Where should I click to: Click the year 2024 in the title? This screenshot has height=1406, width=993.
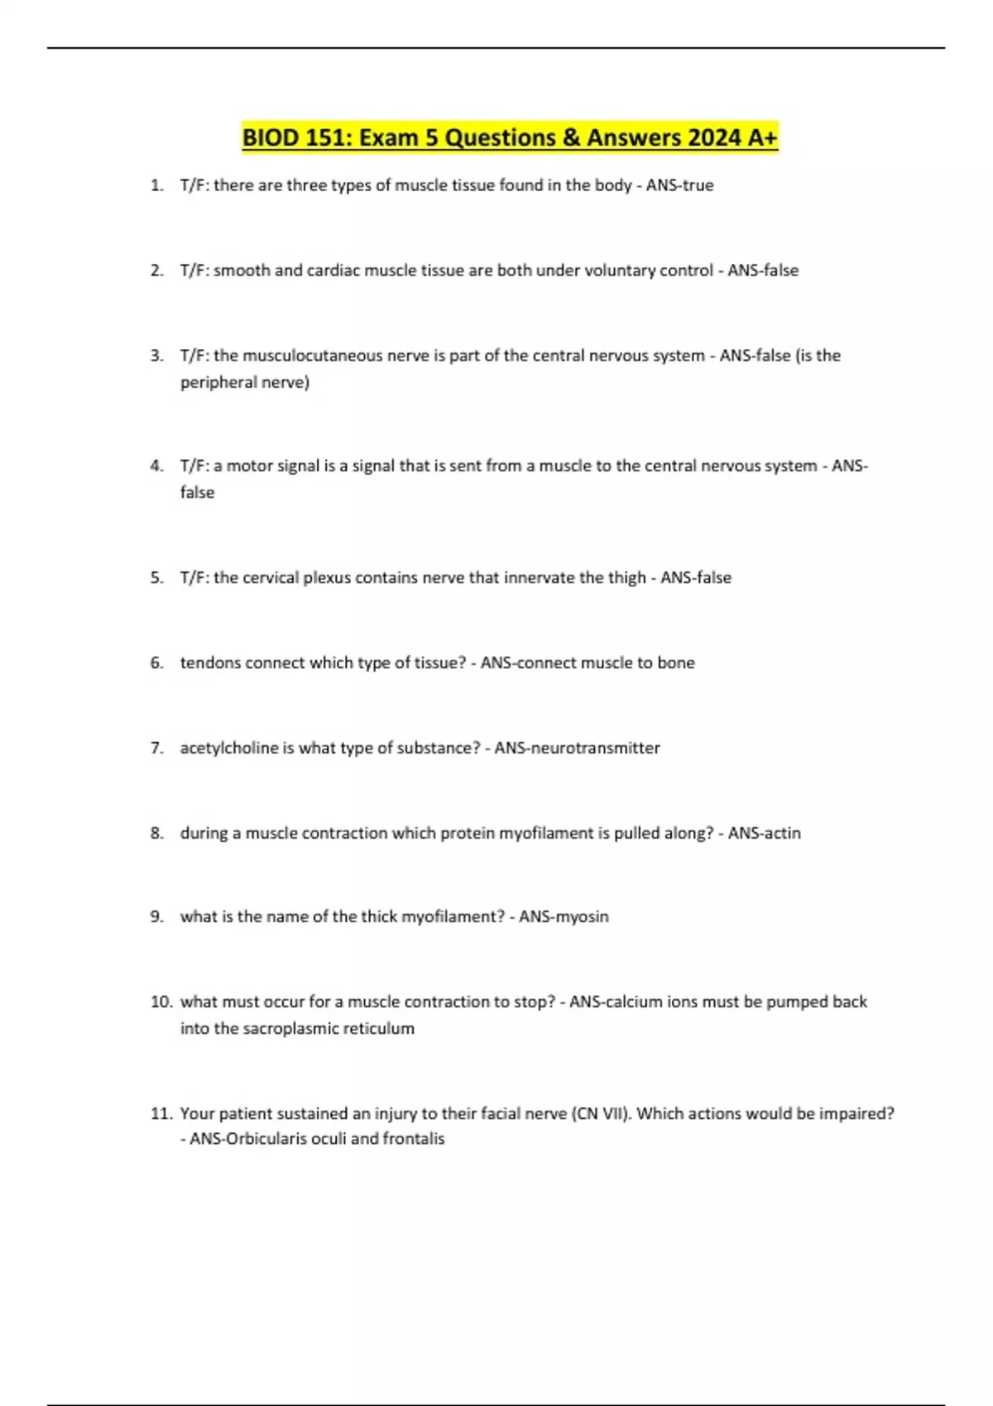pos(714,137)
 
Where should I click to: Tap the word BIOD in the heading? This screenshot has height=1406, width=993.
pos(271,137)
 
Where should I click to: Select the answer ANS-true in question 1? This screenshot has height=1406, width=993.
pos(679,185)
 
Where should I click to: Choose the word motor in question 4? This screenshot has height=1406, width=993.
pos(249,466)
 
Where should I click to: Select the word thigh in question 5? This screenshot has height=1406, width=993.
pos(626,577)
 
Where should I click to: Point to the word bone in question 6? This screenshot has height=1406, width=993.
pos(676,662)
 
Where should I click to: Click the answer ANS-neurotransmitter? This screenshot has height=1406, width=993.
pos(577,748)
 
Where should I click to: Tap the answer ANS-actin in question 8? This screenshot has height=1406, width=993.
pos(764,833)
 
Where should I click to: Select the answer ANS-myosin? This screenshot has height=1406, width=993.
pos(564,916)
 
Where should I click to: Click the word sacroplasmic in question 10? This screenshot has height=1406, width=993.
pos(291,1028)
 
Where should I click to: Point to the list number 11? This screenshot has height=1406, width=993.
pos(161,1113)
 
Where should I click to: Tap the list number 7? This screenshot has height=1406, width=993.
pos(156,748)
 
